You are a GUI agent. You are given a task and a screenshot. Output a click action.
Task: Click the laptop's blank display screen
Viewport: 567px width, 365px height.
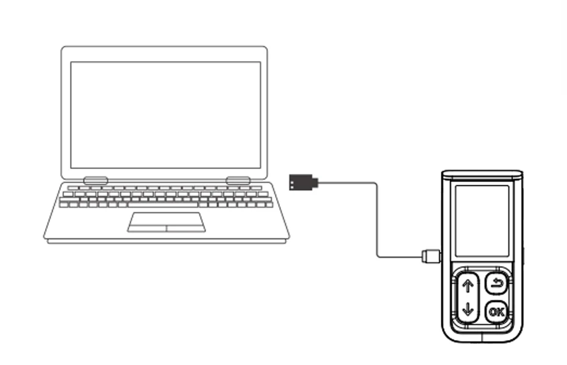point(165,115)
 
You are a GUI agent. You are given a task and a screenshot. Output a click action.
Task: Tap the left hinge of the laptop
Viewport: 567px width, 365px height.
point(96,181)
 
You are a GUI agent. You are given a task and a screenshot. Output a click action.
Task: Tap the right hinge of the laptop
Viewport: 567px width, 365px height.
point(238,181)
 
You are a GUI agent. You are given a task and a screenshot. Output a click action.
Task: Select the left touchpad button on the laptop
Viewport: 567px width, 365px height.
point(147,228)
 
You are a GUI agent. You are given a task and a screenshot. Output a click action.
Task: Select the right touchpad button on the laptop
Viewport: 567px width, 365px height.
point(185,228)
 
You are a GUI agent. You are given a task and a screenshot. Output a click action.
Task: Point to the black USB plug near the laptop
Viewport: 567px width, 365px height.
point(303,182)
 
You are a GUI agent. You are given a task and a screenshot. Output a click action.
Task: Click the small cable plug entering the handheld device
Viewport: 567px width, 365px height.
point(430,256)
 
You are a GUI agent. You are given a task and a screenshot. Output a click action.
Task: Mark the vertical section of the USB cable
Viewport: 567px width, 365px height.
point(377,220)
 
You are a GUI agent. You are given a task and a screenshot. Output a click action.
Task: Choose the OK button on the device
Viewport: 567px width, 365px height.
point(496,312)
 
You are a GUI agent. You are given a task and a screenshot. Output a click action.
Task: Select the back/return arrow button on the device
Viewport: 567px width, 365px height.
point(496,283)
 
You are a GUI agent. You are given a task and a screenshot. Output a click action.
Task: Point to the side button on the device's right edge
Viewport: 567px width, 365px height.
point(524,254)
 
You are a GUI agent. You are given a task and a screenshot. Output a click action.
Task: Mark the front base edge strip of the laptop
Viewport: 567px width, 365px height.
point(166,241)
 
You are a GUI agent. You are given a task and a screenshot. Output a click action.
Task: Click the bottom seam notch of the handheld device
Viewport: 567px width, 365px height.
point(482,337)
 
